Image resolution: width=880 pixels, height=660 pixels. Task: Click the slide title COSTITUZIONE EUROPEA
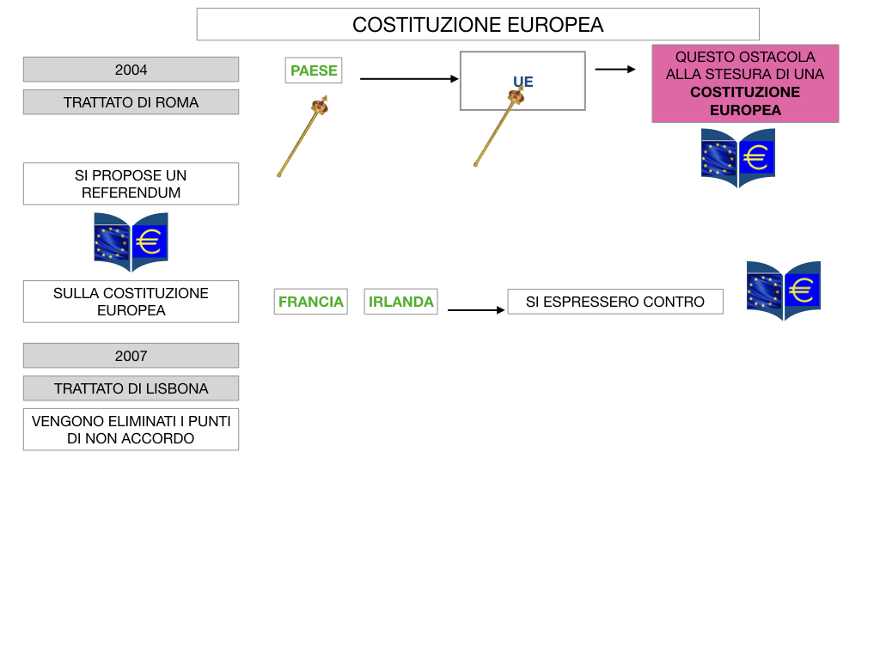click(x=478, y=25)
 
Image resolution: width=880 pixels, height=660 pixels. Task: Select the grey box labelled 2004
click(x=131, y=70)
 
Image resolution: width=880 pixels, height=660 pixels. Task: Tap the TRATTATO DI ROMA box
click(x=131, y=102)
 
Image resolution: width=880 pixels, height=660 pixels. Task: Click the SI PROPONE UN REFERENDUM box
click(x=131, y=184)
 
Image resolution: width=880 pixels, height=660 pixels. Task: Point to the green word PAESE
click(x=314, y=70)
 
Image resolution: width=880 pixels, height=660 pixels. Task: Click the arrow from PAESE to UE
click(x=409, y=79)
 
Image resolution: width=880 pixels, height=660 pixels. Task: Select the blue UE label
click(x=522, y=82)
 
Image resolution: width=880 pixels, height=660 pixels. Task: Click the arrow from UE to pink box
click(x=614, y=69)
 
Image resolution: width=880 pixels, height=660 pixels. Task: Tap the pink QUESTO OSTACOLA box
click(x=745, y=83)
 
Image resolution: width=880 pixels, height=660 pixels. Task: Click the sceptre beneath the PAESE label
click(x=302, y=137)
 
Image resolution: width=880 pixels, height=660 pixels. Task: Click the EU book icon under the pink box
click(x=738, y=158)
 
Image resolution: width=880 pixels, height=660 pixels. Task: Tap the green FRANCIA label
click(x=311, y=302)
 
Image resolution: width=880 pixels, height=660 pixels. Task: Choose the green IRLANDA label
click(x=400, y=302)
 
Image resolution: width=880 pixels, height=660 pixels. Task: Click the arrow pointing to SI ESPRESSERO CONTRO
click(x=476, y=309)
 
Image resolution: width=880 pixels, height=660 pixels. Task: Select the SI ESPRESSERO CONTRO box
click(x=615, y=302)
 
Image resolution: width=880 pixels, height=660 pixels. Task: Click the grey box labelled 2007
click(x=131, y=356)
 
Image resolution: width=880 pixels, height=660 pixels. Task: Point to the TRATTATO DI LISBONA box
click(x=131, y=388)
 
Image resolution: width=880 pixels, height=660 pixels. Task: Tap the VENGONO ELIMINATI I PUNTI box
click(x=131, y=430)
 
